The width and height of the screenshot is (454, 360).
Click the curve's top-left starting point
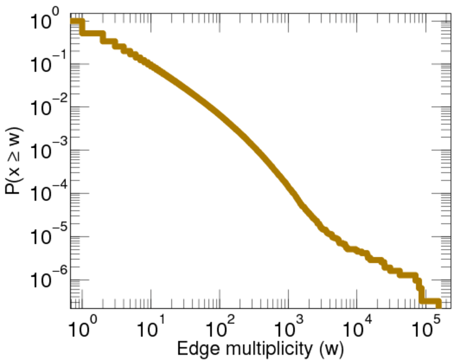tap(73, 22)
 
